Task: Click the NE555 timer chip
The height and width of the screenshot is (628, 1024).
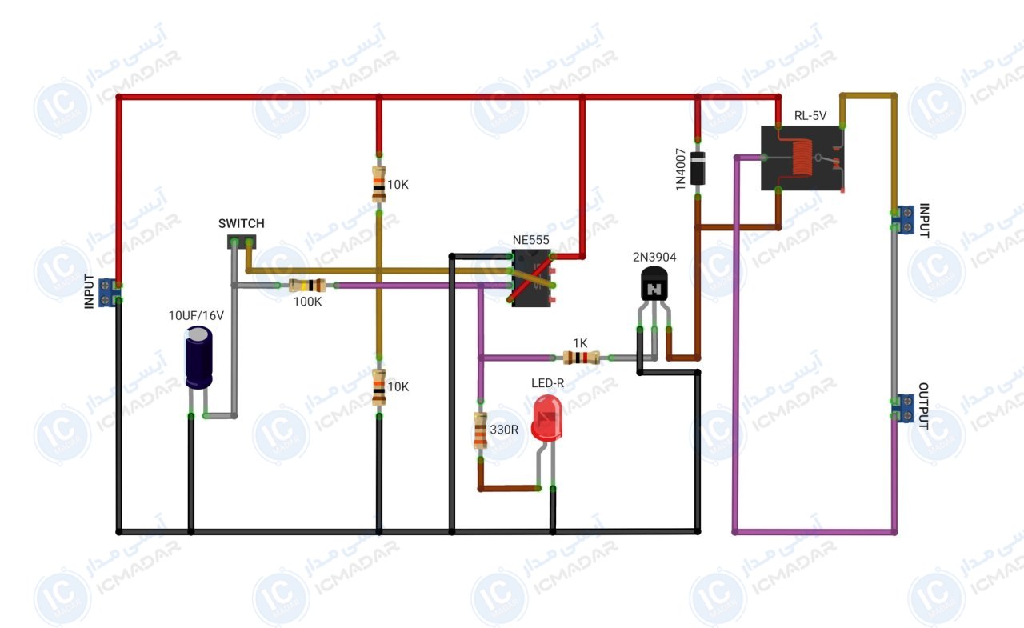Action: point(532,278)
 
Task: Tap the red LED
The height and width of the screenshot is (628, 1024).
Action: point(547,418)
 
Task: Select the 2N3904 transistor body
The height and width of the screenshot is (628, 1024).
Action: point(654,284)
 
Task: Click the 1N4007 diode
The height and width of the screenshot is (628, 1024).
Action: point(698,168)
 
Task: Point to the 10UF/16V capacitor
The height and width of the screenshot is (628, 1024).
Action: point(199,358)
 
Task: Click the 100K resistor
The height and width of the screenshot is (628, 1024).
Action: point(307,286)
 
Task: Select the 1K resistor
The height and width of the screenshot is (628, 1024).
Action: point(581,358)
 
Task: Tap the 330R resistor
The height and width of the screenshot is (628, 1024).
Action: point(480,430)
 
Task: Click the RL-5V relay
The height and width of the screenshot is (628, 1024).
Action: point(802,158)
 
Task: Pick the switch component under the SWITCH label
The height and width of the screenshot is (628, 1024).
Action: point(242,242)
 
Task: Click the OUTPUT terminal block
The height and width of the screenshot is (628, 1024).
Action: point(905,408)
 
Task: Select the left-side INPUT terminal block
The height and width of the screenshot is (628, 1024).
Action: point(107,293)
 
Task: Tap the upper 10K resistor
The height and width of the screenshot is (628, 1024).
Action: point(379,184)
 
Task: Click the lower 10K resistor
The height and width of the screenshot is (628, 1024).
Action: point(379,387)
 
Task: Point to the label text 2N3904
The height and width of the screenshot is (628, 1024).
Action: point(654,258)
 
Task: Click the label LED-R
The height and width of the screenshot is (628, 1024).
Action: point(547,383)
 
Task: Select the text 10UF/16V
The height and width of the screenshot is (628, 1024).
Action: point(196,315)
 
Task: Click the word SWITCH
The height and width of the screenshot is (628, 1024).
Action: point(242,223)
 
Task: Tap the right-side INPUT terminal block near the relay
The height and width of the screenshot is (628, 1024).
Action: point(905,220)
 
